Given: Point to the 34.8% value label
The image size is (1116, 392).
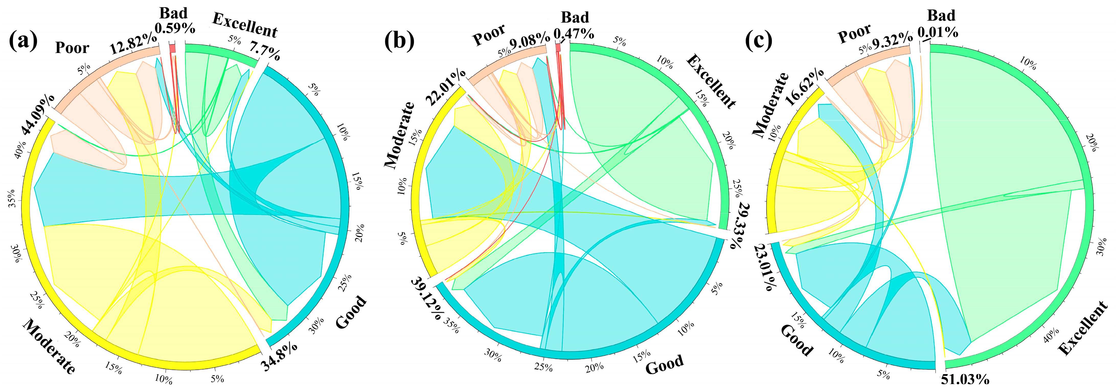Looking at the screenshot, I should tap(279, 363).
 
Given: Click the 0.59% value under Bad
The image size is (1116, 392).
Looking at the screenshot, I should tap(175, 29).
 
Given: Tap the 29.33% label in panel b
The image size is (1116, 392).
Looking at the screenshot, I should tap(742, 225).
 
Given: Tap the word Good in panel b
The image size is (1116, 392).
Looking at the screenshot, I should tap(664, 365).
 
